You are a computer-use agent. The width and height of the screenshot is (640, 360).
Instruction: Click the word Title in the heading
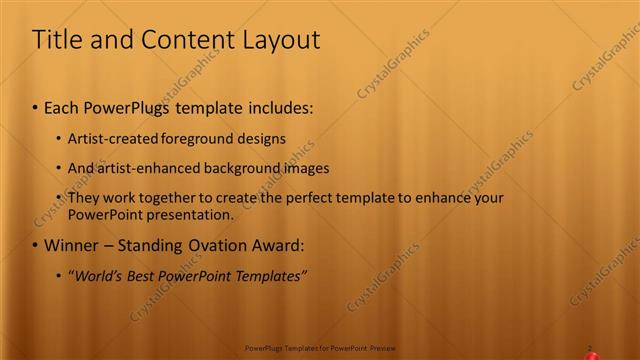[x=58, y=40]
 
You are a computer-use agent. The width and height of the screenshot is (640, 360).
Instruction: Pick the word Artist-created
[x=113, y=138]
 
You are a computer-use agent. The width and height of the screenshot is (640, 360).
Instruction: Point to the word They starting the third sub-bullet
[x=85, y=198]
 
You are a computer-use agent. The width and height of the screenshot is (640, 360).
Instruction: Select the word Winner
[x=71, y=245]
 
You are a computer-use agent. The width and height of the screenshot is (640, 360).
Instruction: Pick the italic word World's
[x=93, y=275]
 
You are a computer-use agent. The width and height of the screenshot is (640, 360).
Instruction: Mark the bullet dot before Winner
[x=36, y=246]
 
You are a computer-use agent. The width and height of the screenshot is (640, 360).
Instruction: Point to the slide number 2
[x=590, y=348]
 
